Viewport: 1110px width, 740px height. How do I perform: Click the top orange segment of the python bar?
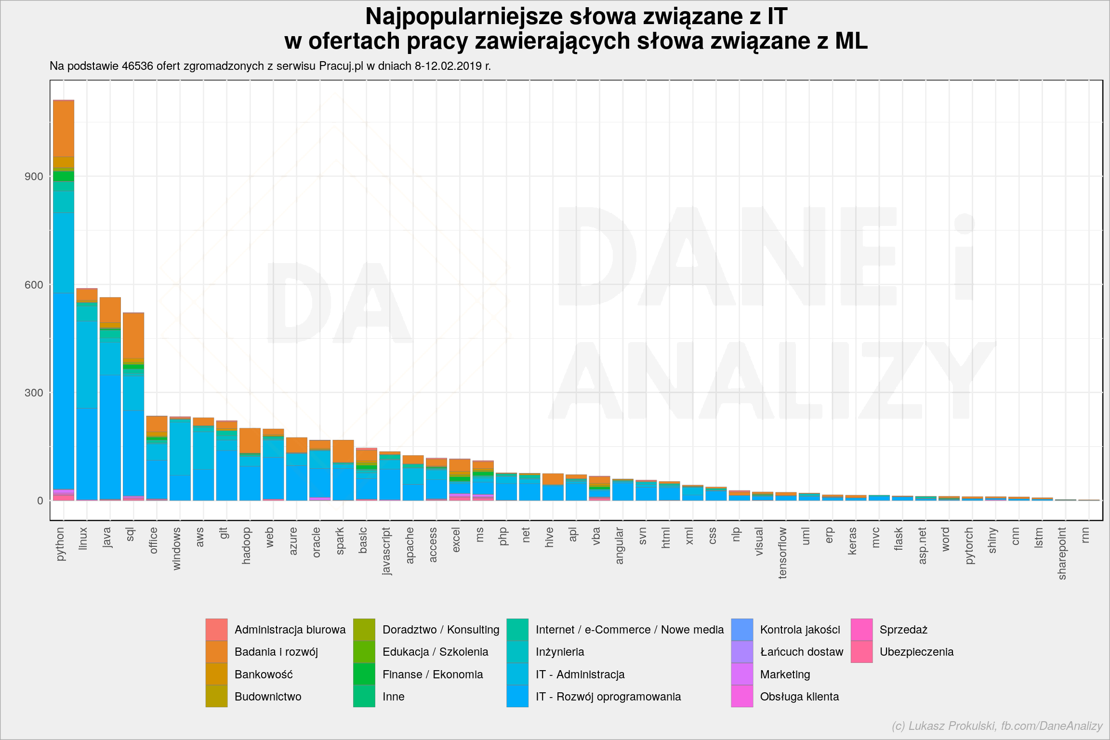[x=64, y=129]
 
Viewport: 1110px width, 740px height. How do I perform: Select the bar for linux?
[x=87, y=395]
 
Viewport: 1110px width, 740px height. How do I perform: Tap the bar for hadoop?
[x=250, y=464]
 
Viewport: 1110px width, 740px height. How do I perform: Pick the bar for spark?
[x=343, y=470]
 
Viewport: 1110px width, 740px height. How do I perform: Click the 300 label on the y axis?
[x=34, y=393]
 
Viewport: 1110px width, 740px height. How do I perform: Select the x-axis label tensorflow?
[x=783, y=553]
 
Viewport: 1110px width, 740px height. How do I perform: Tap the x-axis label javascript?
[x=386, y=551]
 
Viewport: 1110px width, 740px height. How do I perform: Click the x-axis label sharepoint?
[x=1062, y=554]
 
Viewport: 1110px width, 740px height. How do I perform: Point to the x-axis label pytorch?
[x=969, y=546]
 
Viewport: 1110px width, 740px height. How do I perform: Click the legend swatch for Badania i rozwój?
[x=216, y=652]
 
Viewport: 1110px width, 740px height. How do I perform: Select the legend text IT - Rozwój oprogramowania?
[x=608, y=697]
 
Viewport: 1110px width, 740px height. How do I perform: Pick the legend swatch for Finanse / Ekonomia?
[x=364, y=674]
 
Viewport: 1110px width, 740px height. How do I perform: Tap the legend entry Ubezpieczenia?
[x=902, y=652]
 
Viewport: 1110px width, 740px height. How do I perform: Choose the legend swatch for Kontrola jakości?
[x=742, y=630]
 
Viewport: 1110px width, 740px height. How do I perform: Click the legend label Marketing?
[x=785, y=674]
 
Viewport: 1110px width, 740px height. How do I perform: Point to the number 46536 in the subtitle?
[x=137, y=66]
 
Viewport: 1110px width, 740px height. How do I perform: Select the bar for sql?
[x=133, y=407]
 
